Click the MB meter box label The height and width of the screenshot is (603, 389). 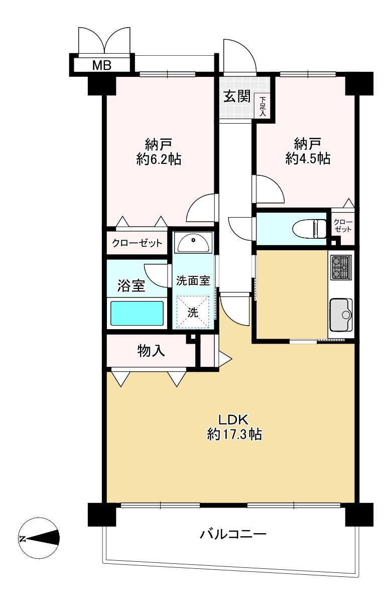(102, 65)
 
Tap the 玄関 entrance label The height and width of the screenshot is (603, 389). (236, 96)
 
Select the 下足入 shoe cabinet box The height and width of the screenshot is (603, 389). (263, 107)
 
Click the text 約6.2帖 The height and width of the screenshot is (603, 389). (159, 159)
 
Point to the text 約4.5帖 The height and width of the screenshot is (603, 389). (308, 159)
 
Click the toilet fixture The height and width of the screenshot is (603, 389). (310, 229)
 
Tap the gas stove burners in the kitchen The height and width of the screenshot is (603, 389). (341, 268)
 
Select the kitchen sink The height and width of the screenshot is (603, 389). (341, 315)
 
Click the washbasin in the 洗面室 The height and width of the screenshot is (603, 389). (194, 244)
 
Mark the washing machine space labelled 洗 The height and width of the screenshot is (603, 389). (193, 312)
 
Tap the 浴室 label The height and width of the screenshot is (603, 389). (131, 286)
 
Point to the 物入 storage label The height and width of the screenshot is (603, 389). (152, 351)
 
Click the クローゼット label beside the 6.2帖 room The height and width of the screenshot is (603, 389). (137, 243)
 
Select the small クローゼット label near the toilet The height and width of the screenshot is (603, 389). (343, 226)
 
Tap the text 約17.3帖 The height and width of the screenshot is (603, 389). (234, 434)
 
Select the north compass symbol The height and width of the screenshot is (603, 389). (39, 539)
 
